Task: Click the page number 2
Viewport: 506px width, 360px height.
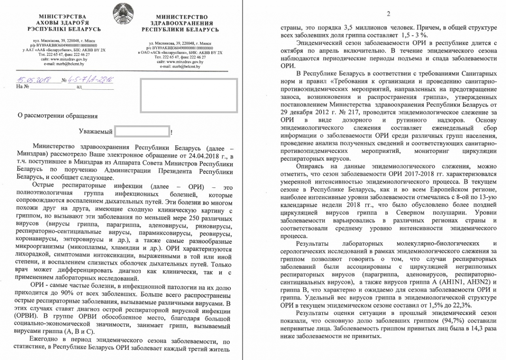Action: coord(388,14)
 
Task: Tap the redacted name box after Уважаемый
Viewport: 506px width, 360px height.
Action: coord(142,131)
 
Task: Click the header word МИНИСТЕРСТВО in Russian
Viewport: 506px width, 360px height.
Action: coord(182,17)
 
